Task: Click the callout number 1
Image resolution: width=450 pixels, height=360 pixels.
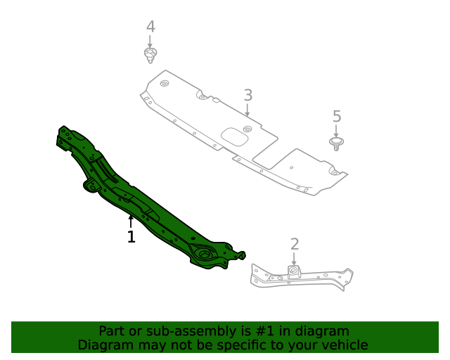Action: pyautogui.click(x=131, y=237)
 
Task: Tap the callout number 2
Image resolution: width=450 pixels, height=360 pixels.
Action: pyautogui.click(x=295, y=244)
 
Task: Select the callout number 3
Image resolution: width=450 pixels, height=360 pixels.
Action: pyautogui.click(x=247, y=95)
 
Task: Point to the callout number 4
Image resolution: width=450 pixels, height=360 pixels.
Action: pyautogui.click(x=150, y=27)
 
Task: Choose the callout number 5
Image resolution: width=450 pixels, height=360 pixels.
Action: pyautogui.click(x=336, y=116)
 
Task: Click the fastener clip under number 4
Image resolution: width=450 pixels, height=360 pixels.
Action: pyautogui.click(x=149, y=55)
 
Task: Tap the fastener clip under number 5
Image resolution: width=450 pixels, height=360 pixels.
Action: pyautogui.click(x=337, y=143)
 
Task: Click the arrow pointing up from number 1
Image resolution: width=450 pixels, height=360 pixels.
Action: pyautogui.click(x=131, y=222)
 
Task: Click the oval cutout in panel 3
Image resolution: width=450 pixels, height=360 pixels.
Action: pyautogui.click(x=235, y=136)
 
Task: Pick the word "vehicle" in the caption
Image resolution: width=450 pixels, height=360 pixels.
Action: pyautogui.click(x=343, y=345)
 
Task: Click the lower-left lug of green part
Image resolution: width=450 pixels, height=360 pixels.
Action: pyautogui.click(x=91, y=185)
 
